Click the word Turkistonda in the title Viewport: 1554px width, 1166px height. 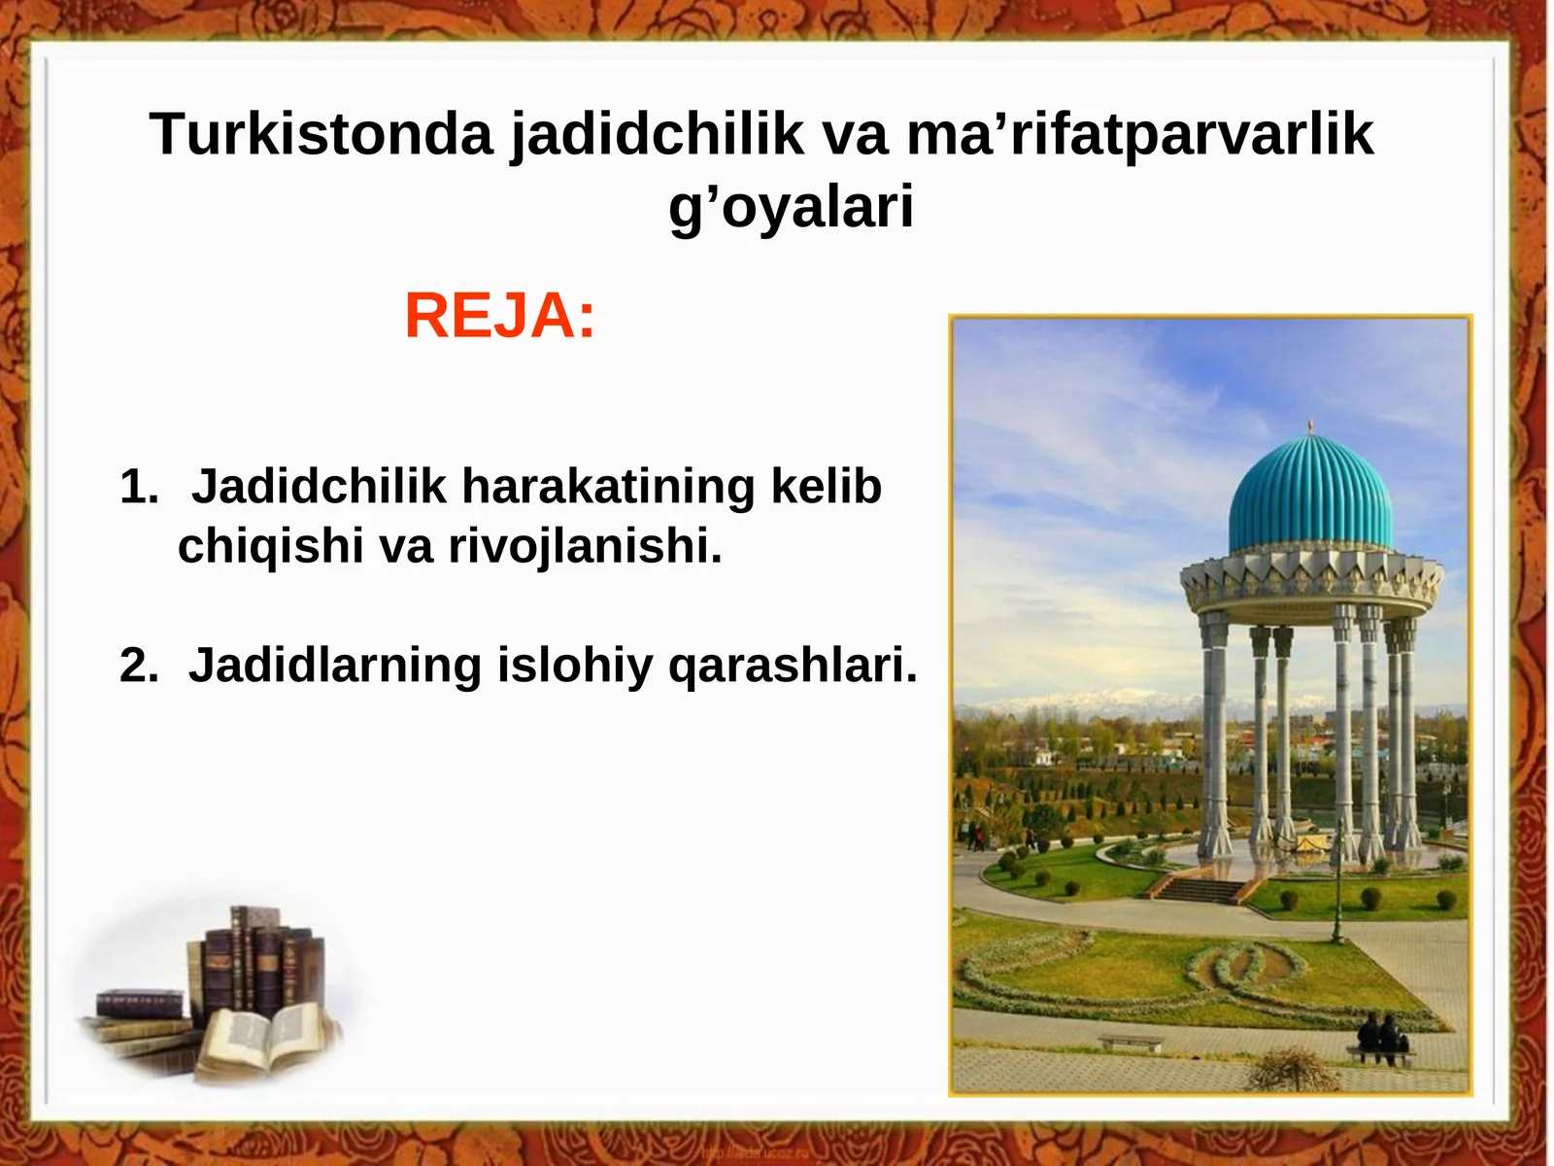[x=321, y=134]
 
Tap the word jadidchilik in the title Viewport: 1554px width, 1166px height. [x=658, y=134]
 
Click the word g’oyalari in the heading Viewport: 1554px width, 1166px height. [x=791, y=207]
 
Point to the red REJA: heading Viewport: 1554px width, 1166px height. [x=499, y=316]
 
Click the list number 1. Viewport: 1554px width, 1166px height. [x=138, y=487]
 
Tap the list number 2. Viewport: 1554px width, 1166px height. [x=138, y=667]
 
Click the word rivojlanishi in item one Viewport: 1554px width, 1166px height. [x=584, y=546]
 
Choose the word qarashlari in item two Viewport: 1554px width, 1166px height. [x=792, y=667]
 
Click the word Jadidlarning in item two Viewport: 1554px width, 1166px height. [x=335, y=667]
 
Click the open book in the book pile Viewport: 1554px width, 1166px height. [x=262, y=1040]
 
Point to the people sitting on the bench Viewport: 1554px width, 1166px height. [x=1382, y=1037]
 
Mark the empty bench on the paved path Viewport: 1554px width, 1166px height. [x=1130, y=1043]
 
